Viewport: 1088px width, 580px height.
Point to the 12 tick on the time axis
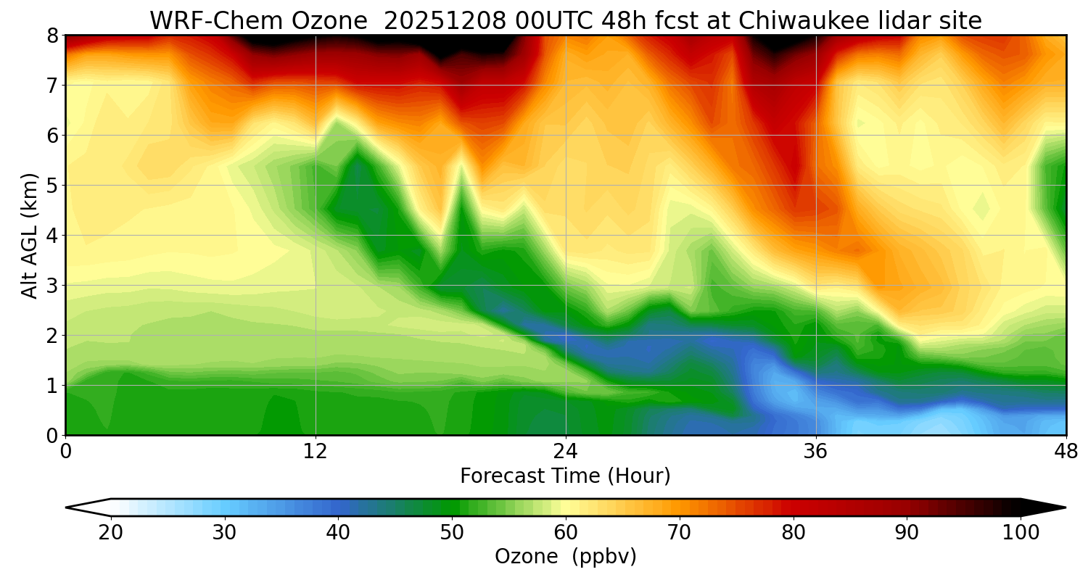316,450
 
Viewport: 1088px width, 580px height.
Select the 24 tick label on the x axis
566,450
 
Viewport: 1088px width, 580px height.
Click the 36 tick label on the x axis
816,450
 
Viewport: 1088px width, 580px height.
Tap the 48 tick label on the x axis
1066,450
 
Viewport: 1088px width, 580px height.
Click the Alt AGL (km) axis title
30,236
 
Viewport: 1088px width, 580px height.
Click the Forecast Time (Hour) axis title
565,476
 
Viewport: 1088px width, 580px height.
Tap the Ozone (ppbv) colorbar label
565,556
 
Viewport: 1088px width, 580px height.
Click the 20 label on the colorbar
111,533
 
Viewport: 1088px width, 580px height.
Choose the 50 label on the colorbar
452,533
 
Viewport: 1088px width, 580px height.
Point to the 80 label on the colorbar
793,533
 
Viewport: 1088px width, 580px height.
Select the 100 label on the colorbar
1020,533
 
